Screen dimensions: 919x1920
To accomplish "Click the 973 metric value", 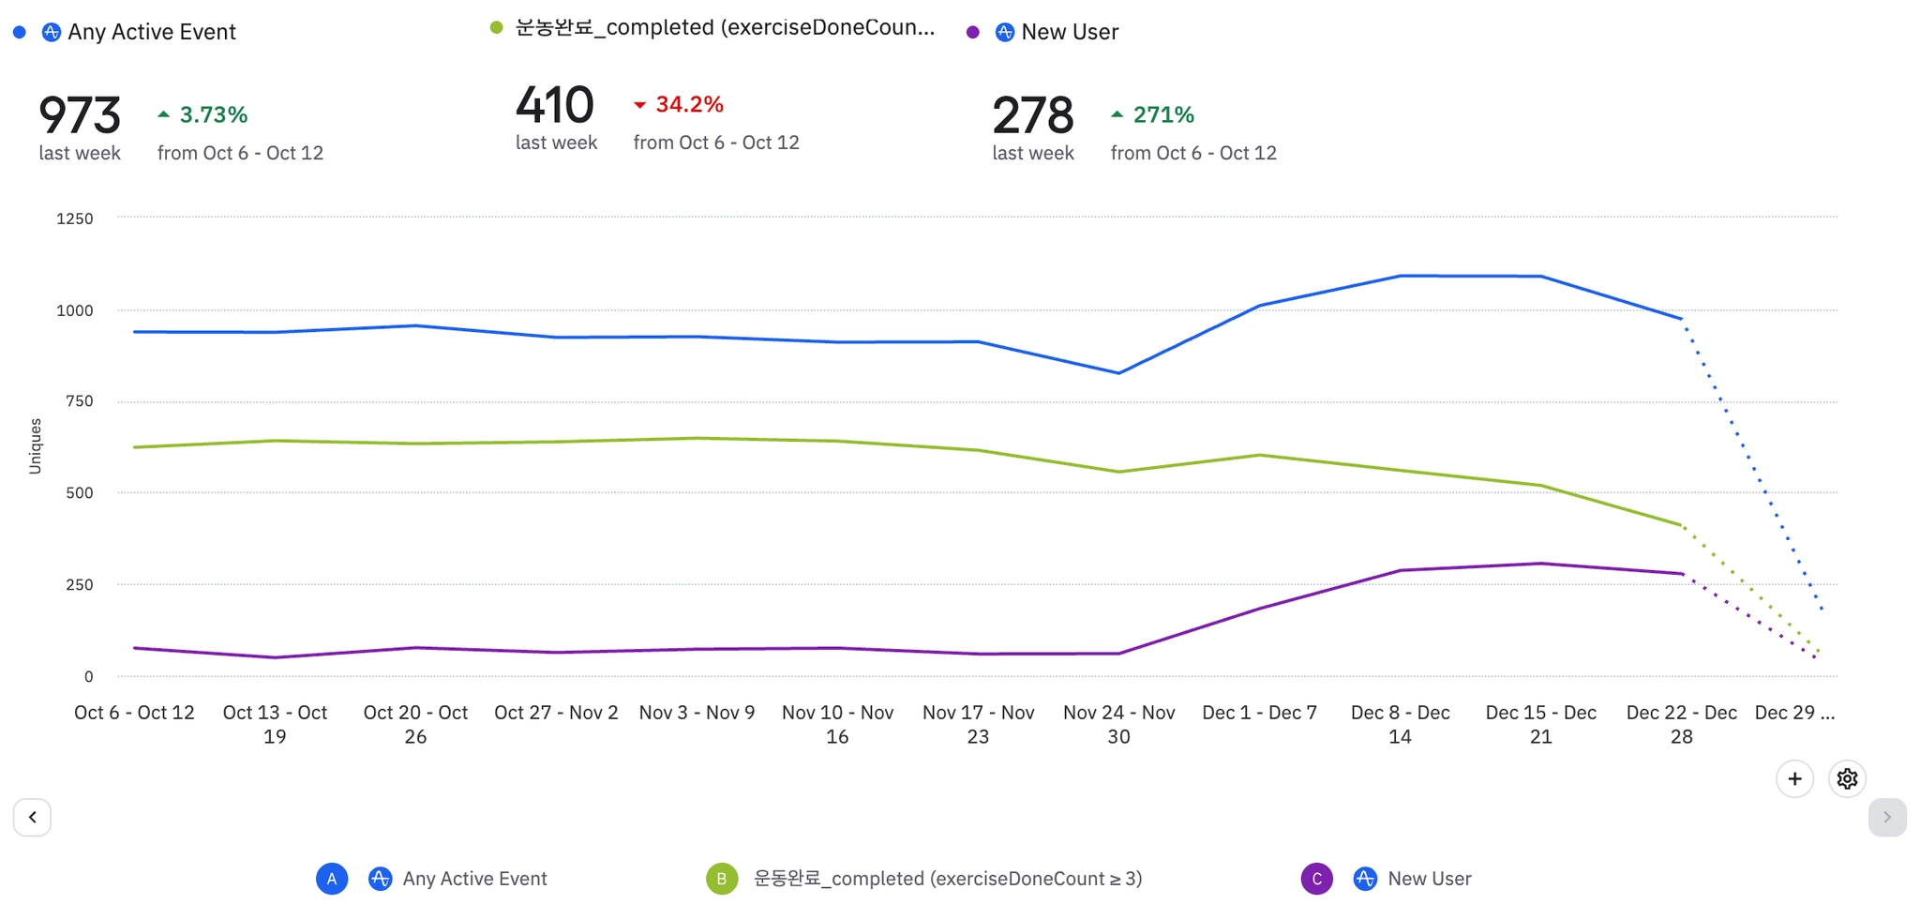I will [x=80, y=116].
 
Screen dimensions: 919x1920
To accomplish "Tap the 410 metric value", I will [x=555, y=105].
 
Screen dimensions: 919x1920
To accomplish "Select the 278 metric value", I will [x=1033, y=116].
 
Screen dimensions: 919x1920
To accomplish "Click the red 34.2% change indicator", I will [x=680, y=104].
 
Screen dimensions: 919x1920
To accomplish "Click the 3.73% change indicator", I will [x=203, y=114].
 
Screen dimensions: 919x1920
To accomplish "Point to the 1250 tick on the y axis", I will [x=75, y=218].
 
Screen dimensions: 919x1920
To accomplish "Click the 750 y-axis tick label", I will [x=80, y=401].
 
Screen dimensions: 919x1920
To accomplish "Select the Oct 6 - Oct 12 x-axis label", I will [x=134, y=713].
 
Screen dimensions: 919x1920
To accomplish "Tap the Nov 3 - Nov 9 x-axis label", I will [x=697, y=713].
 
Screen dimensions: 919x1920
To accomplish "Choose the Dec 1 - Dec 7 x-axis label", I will [x=1259, y=713].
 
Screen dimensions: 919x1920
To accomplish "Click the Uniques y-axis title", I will [x=36, y=445].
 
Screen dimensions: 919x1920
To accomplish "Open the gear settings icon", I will [x=1847, y=778].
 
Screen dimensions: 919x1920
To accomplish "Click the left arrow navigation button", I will [x=33, y=817].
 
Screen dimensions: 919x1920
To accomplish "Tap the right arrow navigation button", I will [x=1886, y=817].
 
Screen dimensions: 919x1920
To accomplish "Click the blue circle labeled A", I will [x=332, y=879].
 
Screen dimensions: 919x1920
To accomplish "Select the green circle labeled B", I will [x=722, y=879].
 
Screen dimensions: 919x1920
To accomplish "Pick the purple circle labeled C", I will [x=1316, y=879].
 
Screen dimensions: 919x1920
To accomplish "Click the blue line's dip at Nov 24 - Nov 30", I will [x=1118, y=373].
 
